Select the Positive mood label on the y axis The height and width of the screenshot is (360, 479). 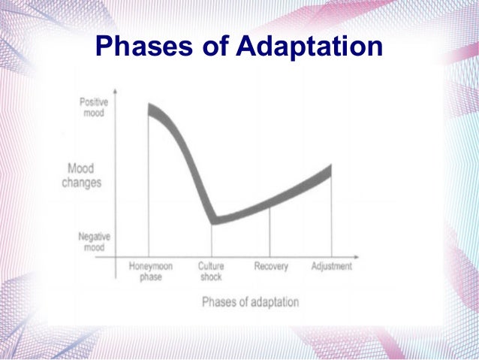[x=92, y=108]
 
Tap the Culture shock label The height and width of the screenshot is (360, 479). [x=212, y=271]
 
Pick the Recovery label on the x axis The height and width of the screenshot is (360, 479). [x=271, y=267]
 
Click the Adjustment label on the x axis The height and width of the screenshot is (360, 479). [x=331, y=267]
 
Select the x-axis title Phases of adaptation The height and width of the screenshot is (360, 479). [x=250, y=302]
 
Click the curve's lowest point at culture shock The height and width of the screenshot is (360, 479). [x=213, y=219]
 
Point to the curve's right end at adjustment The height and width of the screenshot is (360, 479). [x=329, y=171]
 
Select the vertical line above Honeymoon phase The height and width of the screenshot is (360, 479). [x=149, y=188]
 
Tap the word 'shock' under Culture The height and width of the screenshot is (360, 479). [x=212, y=276]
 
